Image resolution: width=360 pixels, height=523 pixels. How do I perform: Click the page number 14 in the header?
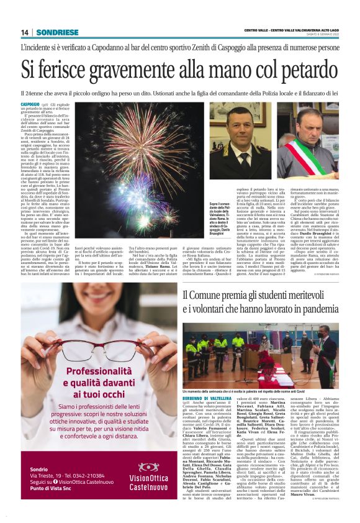pos(25,32)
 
